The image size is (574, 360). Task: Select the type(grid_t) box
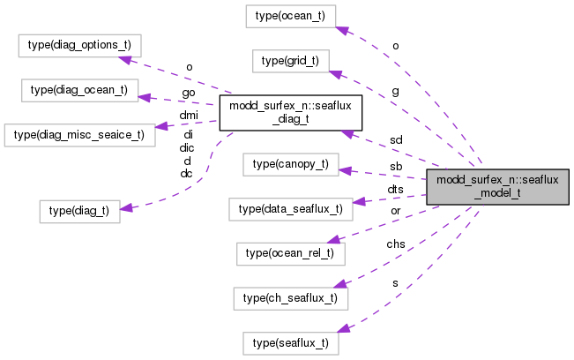[x=291, y=61]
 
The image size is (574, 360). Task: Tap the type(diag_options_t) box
[x=80, y=44]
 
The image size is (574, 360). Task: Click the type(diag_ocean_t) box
[x=79, y=89]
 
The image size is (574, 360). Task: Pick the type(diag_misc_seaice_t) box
[x=79, y=134]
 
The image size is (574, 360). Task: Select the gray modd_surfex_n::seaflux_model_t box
[x=497, y=187]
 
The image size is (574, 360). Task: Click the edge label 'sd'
[x=396, y=140]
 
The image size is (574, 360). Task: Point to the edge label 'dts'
[x=396, y=189]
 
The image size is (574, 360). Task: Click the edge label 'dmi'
[x=189, y=115]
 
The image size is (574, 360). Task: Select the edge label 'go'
[x=189, y=92]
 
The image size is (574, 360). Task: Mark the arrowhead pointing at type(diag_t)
[x=125, y=207]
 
